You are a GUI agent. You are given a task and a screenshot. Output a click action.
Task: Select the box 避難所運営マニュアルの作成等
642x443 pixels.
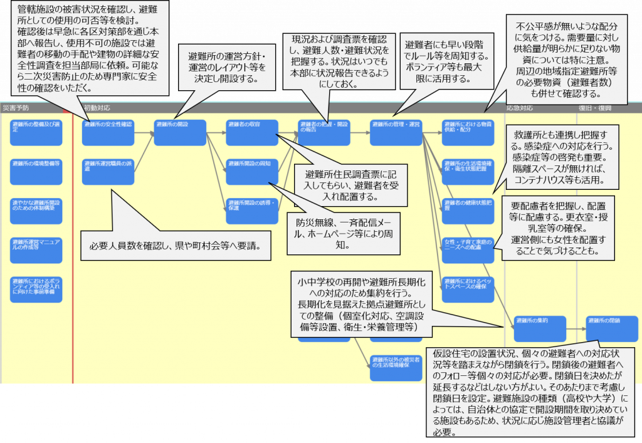(36, 249)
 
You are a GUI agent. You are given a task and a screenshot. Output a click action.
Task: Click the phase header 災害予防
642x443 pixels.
(16, 107)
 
